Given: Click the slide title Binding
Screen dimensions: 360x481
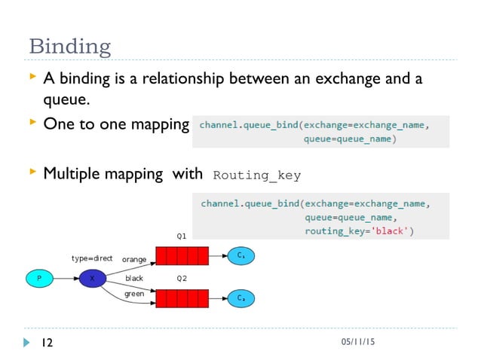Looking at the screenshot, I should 69,46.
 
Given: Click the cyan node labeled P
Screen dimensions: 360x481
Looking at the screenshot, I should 39,278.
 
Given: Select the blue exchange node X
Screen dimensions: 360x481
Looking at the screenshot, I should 92,278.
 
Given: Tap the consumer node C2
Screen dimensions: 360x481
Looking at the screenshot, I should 240,298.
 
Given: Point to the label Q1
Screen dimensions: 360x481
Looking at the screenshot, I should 182,236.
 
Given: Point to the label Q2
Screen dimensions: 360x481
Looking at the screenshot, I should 182,278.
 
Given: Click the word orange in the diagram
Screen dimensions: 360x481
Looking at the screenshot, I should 134,259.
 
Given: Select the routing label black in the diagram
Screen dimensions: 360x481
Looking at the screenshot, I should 134,278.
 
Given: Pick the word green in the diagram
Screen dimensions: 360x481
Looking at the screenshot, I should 134,294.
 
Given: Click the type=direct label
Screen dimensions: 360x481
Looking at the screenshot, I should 92,258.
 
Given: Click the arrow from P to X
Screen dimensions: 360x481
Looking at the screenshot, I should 66,278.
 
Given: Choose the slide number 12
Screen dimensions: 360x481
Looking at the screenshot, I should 47,343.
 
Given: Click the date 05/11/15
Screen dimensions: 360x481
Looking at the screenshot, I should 357,343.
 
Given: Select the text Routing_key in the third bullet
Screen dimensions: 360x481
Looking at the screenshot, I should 257,175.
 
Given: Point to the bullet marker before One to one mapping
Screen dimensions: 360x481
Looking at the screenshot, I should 32,121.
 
